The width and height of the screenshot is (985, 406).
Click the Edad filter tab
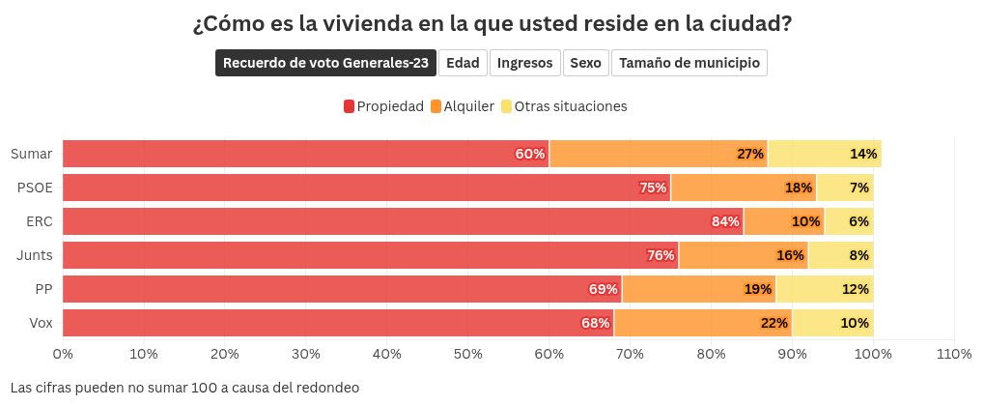pyautogui.click(x=463, y=63)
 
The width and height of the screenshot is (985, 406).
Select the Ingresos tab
pyautogui.click(x=525, y=63)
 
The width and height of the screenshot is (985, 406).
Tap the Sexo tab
pyautogui.click(x=585, y=63)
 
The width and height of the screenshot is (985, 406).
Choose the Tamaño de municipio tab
pyautogui.click(x=689, y=63)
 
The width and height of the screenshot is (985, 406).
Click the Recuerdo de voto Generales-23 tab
pyautogui.click(x=325, y=63)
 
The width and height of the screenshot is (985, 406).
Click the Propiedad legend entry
pyautogui.click(x=383, y=106)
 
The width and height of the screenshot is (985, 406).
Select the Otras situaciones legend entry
pyautogui.click(x=563, y=106)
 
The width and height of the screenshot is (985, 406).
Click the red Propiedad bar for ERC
pyautogui.click(x=403, y=221)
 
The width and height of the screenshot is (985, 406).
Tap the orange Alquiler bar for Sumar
pyautogui.click(x=658, y=154)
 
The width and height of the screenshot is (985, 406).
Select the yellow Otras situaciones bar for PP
pyautogui.click(x=825, y=289)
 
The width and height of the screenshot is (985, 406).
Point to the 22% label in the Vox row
pyautogui.click(x=774, y=323)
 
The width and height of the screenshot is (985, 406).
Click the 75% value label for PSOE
pyautogui.click(x=653, y=188)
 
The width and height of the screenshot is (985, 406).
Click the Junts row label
pyautogui.click(x=35, y=255)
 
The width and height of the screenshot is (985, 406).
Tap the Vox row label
pyautogui.click(x=40, y=323)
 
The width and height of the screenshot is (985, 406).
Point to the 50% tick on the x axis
pyautogui.click(x=467, y=355)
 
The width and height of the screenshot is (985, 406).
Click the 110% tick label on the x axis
pyautogui.click(x=953, y=355)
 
